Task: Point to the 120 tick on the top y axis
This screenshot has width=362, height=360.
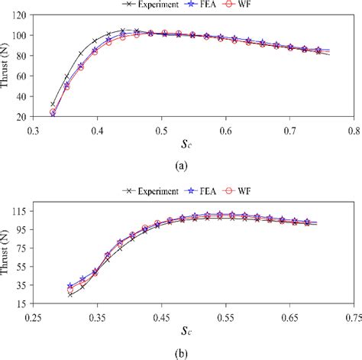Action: pyautogui.click(x=21, y=15)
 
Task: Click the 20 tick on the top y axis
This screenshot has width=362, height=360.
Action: pyautogui.click(x=23, y=117)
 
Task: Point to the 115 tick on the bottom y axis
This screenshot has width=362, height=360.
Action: pyautogui.click(x=21, y=210)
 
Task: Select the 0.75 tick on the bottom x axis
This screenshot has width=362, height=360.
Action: pyautogui.click(x=352, y=314)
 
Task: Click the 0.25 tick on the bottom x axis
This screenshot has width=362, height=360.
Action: pyautogui.click(x=32, y=314)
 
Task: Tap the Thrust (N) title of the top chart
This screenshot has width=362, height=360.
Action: pyautogui.click(x=7, y=66)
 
